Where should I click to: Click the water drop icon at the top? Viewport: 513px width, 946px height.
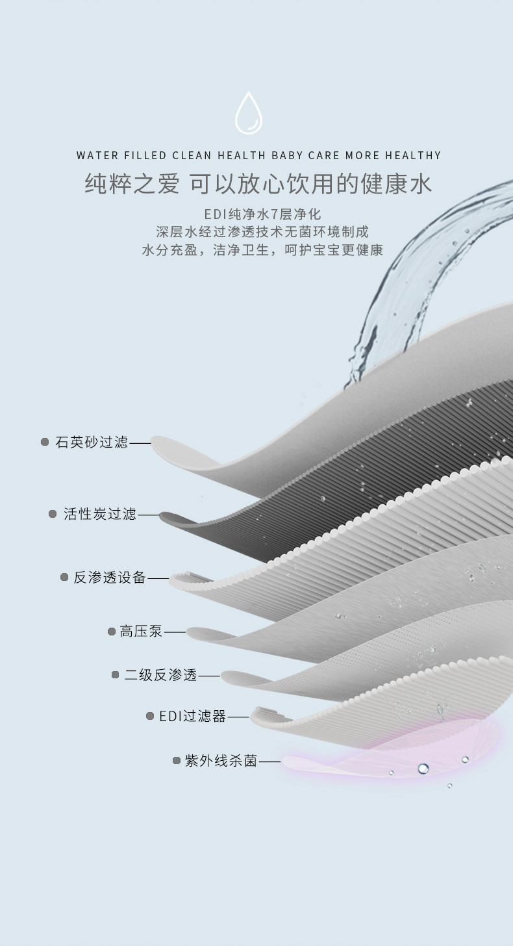[249, 113]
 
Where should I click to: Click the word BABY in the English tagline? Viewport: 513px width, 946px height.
[287, 155]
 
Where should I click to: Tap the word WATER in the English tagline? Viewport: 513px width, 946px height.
[97, 155]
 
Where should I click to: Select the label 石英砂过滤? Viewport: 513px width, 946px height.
[92, 442]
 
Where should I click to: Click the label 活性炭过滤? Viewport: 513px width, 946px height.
[100, 514]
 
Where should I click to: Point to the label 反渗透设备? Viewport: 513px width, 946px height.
[110, 578]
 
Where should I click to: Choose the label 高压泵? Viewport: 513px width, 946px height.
[141, 632]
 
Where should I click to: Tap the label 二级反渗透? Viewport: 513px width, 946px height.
[161, 675]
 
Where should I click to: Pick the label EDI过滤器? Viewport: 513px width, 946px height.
[193, 716]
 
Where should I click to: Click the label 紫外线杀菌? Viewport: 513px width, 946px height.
[221, 761]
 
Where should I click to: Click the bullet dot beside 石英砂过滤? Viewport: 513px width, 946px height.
[45, 442]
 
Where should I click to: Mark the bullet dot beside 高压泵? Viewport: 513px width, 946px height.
[112, 632]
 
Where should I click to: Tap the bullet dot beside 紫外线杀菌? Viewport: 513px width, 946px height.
[177, 761]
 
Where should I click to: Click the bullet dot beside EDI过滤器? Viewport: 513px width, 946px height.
[150, 716]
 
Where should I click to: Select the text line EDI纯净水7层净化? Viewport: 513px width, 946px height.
[262, 214]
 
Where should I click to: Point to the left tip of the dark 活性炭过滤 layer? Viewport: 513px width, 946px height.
[162, 516]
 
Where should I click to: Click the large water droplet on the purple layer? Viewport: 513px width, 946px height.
[423, 768]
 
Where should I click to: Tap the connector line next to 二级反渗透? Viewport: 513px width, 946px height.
[209, 676]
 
